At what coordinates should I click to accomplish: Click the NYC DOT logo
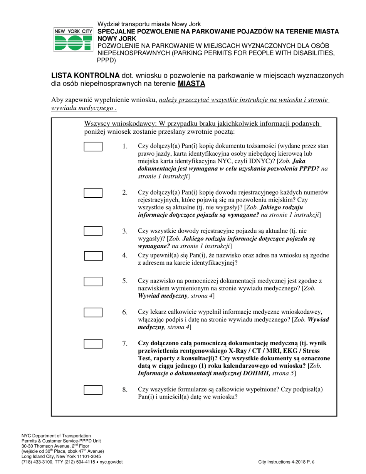pyautogui.click(x=72, y=39)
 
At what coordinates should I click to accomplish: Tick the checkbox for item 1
pyautogui.click(x=93, y=146)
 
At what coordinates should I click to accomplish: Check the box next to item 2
pyautogui.click(x=93, y=193)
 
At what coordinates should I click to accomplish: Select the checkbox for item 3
pyautogui.click(x=93, y=231)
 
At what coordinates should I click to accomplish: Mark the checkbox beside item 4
pyautogui.click(x=93, y=256)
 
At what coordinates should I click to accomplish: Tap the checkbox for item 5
pyautogui.click(x=93, y=281)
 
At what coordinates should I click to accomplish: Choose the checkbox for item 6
pyautogui.click(x=93, y=312)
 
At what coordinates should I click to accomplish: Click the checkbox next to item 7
pyautogui.click(x=93, y=343)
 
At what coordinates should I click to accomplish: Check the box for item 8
pyautogui.click(x=93, y=390)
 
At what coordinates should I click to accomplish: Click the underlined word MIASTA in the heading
pyautogui.click(x=191, y=84)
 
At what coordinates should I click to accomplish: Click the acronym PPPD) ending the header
pyautogui.click(x=106, y=60)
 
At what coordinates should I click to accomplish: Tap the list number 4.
pyautogui.click(x=125, y=255)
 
